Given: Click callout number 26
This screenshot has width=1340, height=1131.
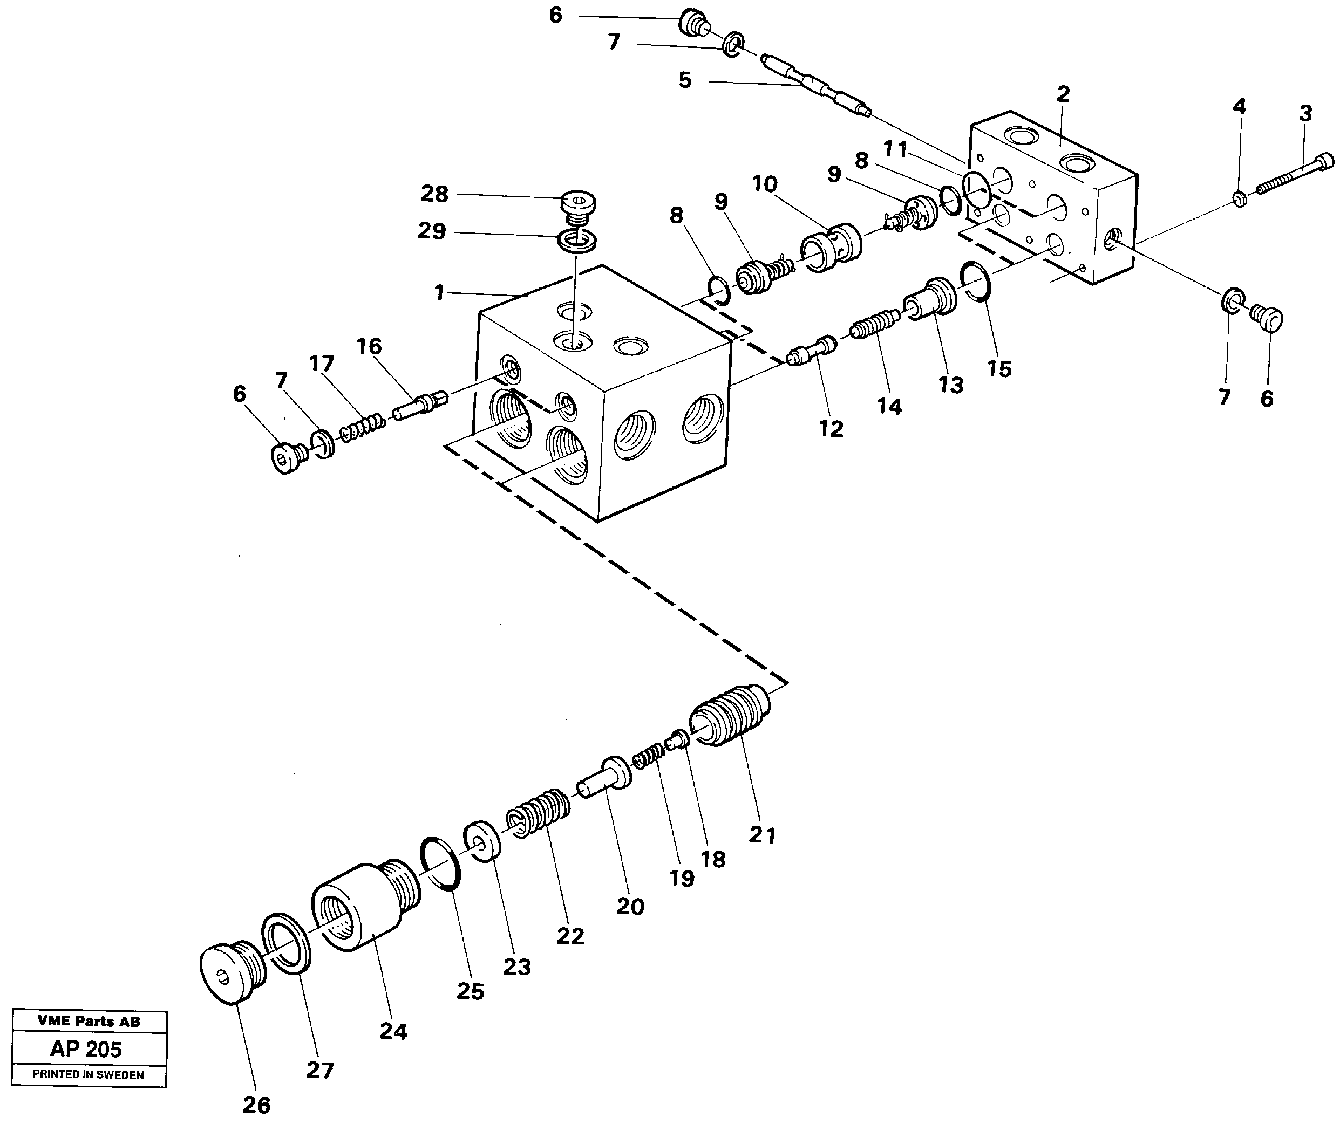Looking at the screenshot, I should pyautogui.click(x=256, y=1105).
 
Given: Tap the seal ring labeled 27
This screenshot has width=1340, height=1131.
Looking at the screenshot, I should pyautogui.click(x=286, y=943).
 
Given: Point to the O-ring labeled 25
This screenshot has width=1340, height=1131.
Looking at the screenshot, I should pyautogui.click(x=439, y=863).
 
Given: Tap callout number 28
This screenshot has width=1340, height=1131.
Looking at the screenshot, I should pyautogui.click(x=434, y=194).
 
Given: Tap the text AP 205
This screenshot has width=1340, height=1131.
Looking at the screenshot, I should pyautogui.click(x=86, y=1050).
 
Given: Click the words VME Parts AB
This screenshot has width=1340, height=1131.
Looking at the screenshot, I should pyautogui.click(x=89, y=1022).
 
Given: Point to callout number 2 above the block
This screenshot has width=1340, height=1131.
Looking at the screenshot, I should pyautogui.click(x=1063, y=95).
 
